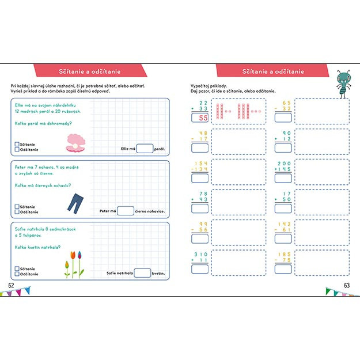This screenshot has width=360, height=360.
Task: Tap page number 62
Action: tap(11, 286)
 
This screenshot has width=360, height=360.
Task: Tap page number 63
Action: tap(347, 286)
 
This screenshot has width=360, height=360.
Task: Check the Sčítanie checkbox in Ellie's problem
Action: tap(17, 144)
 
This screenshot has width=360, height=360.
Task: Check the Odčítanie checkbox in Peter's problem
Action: tap(17, 212)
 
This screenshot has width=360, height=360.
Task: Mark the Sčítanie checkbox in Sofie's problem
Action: tap(17, 268)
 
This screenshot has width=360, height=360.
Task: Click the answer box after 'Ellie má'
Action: tap(145, 149)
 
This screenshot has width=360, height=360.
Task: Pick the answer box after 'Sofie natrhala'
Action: tap(142, 273)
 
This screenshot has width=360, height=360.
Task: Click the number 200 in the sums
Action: tap(285, 164)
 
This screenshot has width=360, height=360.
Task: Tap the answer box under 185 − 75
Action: tap(283, 271)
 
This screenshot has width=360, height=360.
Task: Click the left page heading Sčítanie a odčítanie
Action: tap(90, 71)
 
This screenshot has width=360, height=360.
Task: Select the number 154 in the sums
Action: tap(201, 164)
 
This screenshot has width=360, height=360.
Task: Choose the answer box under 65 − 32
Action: tap(283, 118)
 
